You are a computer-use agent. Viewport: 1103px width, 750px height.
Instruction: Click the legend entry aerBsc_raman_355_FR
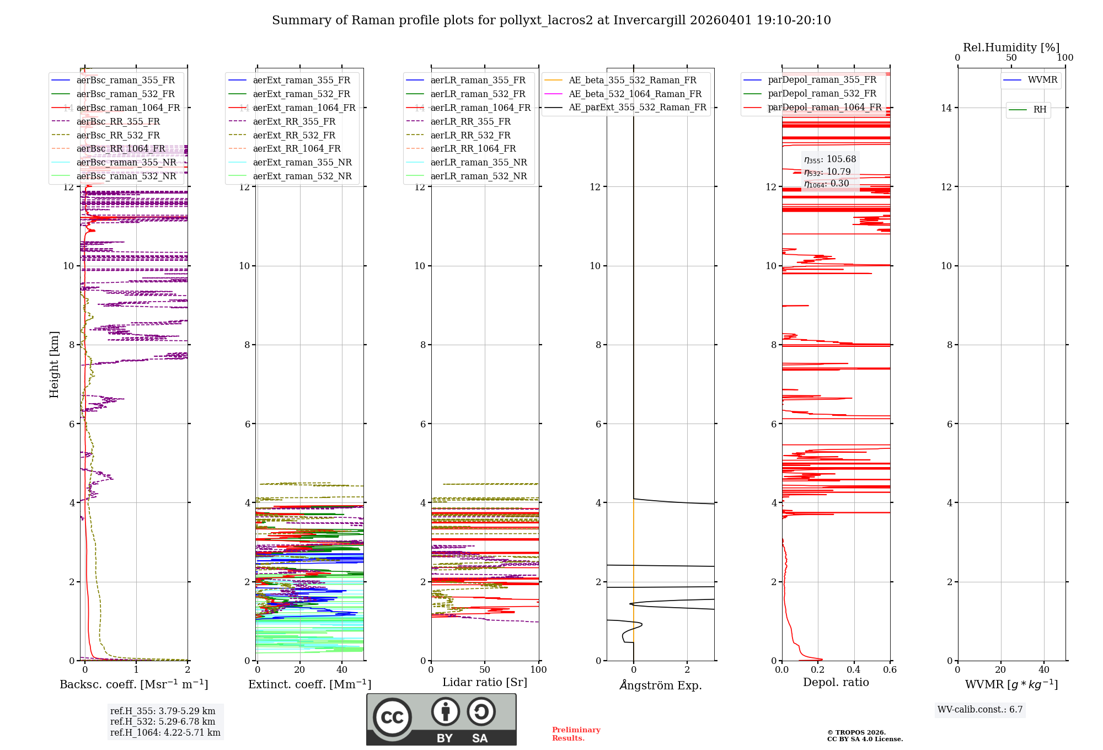[125, 81]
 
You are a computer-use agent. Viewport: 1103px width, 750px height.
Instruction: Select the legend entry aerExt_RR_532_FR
[293, 135]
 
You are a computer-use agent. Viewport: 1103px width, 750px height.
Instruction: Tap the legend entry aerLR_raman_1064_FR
[480, 108]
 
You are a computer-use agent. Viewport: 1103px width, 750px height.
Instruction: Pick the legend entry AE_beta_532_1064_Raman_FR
[635, 94]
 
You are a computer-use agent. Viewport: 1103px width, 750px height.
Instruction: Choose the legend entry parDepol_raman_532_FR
[822, 94]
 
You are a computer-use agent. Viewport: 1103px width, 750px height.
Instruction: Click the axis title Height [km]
[54, 364]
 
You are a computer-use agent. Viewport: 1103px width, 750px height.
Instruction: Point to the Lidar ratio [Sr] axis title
[485, 683]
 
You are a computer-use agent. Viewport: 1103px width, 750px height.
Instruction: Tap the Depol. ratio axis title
[836, 683]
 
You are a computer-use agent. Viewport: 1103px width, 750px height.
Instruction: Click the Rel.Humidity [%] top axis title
[1011, 47]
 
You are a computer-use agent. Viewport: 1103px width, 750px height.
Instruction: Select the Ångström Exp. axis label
[660, 685]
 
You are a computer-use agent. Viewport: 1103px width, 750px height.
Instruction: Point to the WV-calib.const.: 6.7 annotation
[980, 710]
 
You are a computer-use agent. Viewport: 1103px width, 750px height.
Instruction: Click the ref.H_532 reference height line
[163, 722]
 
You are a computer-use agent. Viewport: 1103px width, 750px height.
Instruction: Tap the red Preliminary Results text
[576, 734]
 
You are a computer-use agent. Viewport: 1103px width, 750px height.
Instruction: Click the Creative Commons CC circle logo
[392, 717]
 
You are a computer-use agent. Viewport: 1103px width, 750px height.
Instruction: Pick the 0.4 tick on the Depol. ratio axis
[854, 670]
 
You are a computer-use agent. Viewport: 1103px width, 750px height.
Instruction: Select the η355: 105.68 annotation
[829, 159]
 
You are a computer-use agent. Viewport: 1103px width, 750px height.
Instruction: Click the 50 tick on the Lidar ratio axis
[485, 670]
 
